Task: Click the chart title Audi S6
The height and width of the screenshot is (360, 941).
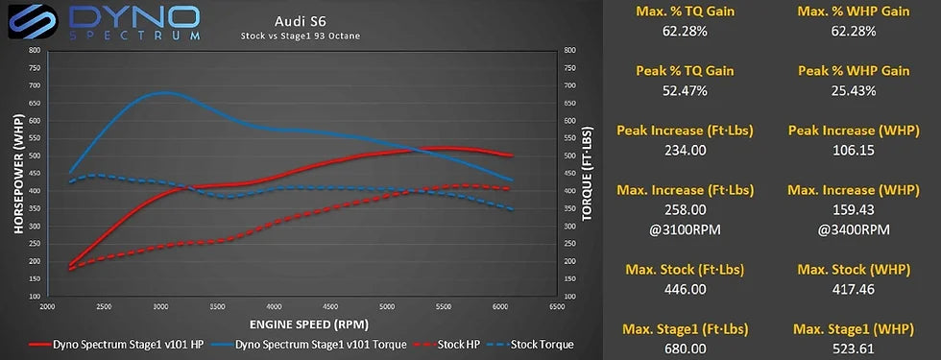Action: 290,20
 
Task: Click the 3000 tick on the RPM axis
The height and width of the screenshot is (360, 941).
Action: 160,307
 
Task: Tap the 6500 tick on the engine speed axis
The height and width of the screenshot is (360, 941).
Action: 556,307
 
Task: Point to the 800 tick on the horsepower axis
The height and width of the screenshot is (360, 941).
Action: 34,50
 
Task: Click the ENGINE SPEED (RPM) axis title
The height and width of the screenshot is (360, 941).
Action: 300,324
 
